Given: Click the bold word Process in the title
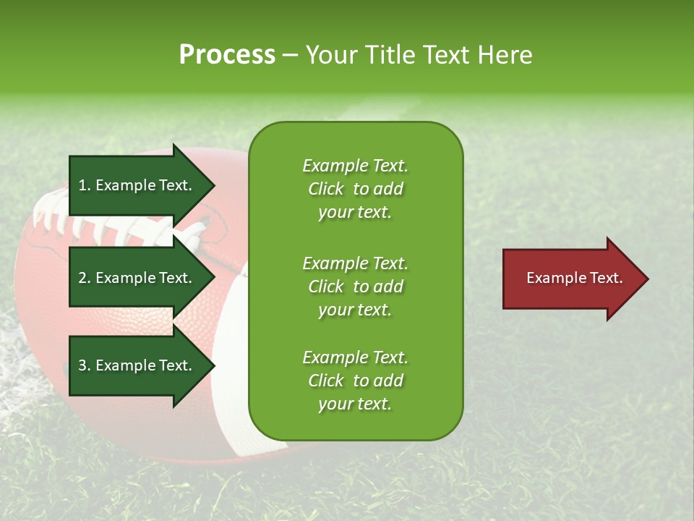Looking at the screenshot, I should pyautogui.click(x=227, y=55).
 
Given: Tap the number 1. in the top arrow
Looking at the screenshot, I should pyautogui.click(x=85, y=186).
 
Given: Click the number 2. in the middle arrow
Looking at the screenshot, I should pyautogui.click(x=85, y=279).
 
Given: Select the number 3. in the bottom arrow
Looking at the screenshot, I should pyautogui.click(x=85, y=366).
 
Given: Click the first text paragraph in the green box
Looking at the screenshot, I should pyautogui.click(x=355, y=189).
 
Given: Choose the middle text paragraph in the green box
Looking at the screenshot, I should pyautogui.click(x=355, y=287).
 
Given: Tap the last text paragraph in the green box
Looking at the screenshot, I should pyautogui.click(x=355, y=381).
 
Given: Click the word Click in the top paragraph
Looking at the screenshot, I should pyautogui.click(x=326, y=189).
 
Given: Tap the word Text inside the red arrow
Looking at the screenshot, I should pyautogui.click(x=606, y=278).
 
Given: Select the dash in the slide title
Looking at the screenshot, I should pyautogui.click(x=289, y=55).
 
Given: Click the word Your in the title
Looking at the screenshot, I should pyautogui.click(x=332, y=55).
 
